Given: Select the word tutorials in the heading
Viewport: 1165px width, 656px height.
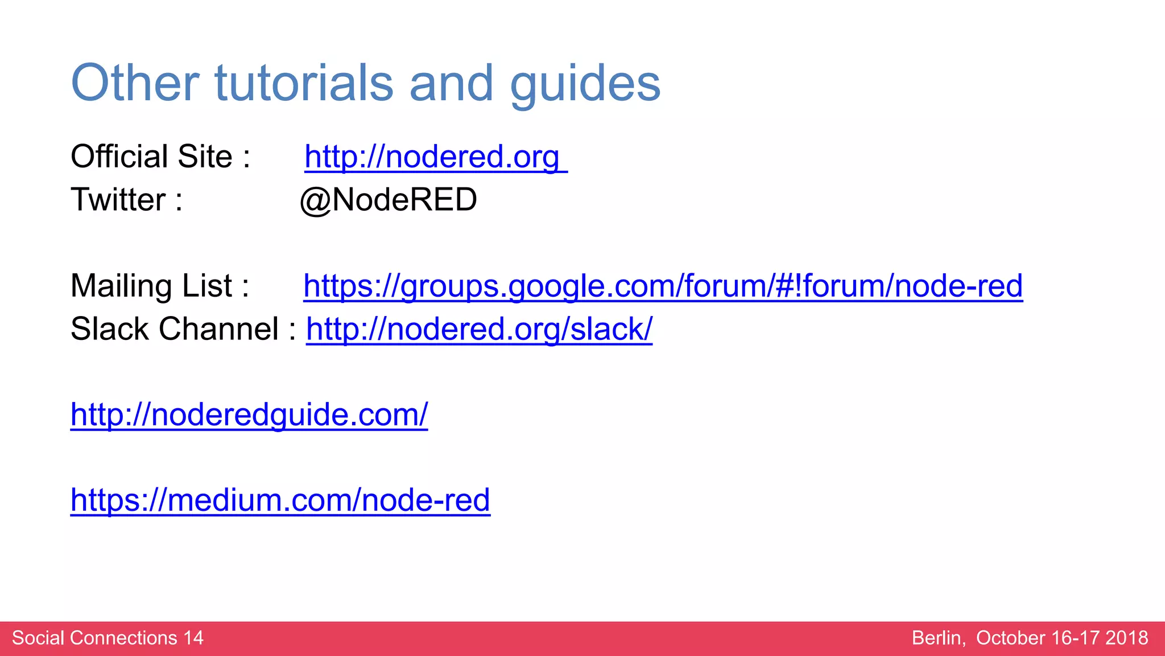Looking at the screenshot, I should pos(304,83).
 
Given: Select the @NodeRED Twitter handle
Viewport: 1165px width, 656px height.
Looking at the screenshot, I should pos(389,200).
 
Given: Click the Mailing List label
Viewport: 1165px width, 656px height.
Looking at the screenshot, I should pos(160,286).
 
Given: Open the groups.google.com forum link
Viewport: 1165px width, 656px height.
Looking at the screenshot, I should pos(663,286).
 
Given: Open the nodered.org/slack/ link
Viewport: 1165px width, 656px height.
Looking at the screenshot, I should pos(479,329).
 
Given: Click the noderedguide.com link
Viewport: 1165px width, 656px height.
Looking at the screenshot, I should pos(249,415).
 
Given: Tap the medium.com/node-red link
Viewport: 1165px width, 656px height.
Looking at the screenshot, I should pos(280,500).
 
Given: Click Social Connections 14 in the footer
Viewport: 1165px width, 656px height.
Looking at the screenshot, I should pos(108,638).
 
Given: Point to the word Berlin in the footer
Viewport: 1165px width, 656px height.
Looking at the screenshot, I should pos(938,638).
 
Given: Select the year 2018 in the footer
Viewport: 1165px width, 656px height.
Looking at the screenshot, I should pos(1126,638).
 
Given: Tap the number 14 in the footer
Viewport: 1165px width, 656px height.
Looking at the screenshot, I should pos(193,638).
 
